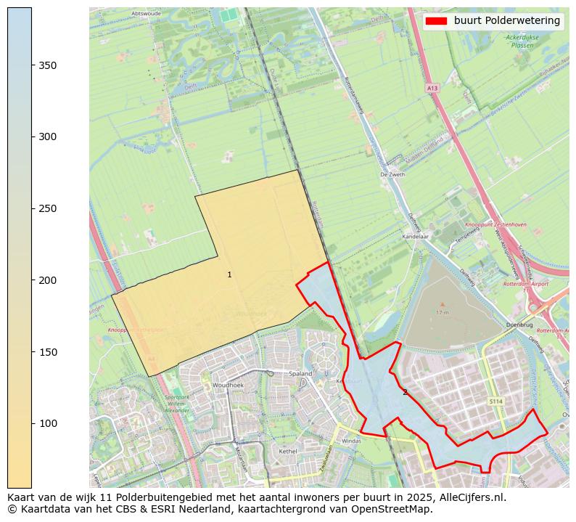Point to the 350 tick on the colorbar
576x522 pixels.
point(32,65)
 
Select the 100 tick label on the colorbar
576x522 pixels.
point(46,423)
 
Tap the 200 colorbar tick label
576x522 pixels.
point(46,280)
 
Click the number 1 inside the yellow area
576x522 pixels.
point(229,274)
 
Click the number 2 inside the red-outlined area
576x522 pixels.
point(405,393)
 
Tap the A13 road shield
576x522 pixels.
point(432,88)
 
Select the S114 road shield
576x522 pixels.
point(495,401)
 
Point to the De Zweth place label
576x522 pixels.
point(392,174)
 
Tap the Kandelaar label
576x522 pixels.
point(416,237)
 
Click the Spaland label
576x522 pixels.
point(300,373)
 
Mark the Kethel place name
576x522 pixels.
point(288,451)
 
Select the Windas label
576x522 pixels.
point(351,440)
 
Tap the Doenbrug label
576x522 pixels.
point(519,325)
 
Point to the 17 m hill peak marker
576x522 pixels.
point(443,305)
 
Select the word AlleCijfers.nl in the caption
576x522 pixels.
point(471,497)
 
